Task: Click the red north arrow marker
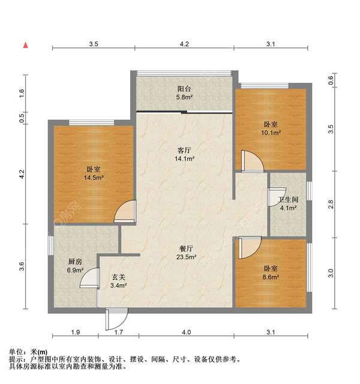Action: click(x=26, y=46)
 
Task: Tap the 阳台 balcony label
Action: click(x=184, y=89)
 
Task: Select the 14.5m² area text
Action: click(x=94, y=178)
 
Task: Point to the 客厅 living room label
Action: click(x=184, y=150)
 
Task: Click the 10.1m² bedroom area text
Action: click(x=271, y=133)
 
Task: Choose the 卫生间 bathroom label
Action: click(x=288, y=200)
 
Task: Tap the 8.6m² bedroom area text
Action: click(x=271, y=277)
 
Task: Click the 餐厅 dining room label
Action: click(x=187, y=249)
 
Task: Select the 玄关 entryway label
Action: click(x=119, y=277)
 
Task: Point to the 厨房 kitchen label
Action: click(x=74, y=262)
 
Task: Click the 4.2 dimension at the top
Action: click(x=184, y=44)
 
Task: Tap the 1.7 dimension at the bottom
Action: click(x=119, y=332)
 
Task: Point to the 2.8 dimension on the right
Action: click(x=331, y=204)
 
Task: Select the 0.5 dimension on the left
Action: click(x=22, y=118)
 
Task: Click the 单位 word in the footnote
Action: click(x=16, y=352)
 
